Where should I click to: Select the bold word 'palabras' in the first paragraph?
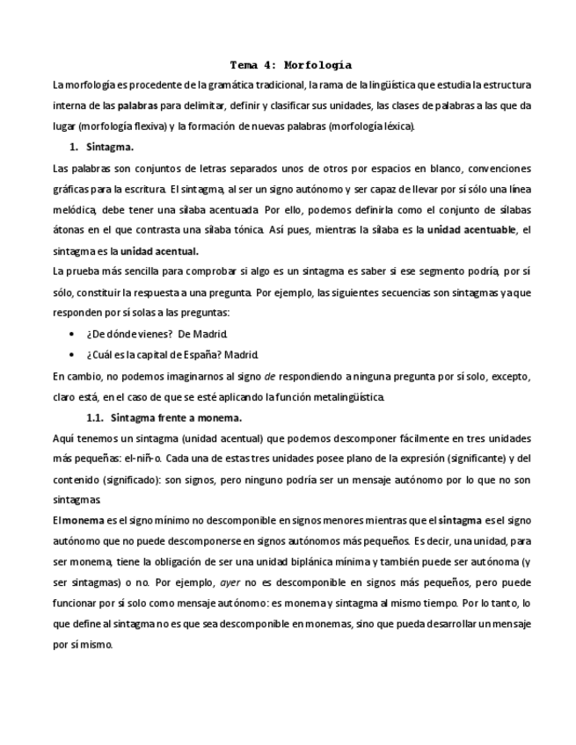click(x=131, y=105)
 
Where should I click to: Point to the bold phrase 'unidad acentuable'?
click(x=472, y=230)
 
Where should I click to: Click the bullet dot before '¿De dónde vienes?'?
click(x=71, y=334)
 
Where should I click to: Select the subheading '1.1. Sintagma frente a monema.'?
click(x=164, y=417)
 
